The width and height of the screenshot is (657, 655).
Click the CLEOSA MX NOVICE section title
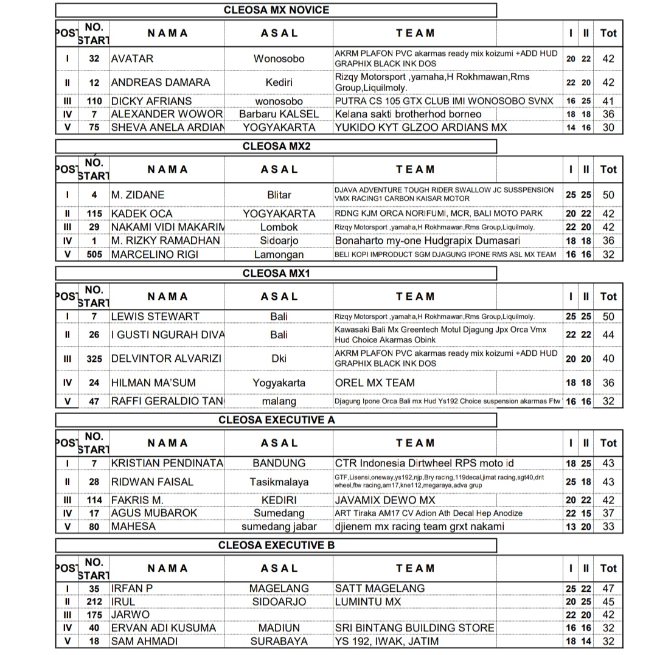(x=276, y=10)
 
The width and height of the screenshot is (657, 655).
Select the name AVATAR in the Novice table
(x=132, y=59)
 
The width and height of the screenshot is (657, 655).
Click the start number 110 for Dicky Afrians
(x=94, y=101)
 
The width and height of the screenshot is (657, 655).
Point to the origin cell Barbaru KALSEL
(x=279, y=114)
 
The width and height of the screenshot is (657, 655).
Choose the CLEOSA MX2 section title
(x=276, y=146)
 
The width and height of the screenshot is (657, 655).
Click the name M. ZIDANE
(x=137, y=195)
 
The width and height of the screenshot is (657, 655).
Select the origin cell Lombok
(x=279, y=227)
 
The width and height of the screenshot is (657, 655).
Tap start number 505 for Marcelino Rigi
(x=94, y=255)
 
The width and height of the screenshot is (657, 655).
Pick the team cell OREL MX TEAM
(x=375, y=383)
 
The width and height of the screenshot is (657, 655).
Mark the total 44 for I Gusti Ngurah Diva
(x=608, y=335)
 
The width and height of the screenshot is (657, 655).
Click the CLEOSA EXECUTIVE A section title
(x=276, y=420)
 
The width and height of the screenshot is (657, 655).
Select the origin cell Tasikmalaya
(x=279, y=482)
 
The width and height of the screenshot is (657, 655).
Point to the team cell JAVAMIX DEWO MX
(x=385, y=500)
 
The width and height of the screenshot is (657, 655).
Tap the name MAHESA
(x=133, y=527)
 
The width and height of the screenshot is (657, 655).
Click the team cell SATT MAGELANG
(x=380, y=588)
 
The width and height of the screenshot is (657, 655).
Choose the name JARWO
(x=130, y=614)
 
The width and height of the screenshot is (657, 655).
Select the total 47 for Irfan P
(x=608, y=589)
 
